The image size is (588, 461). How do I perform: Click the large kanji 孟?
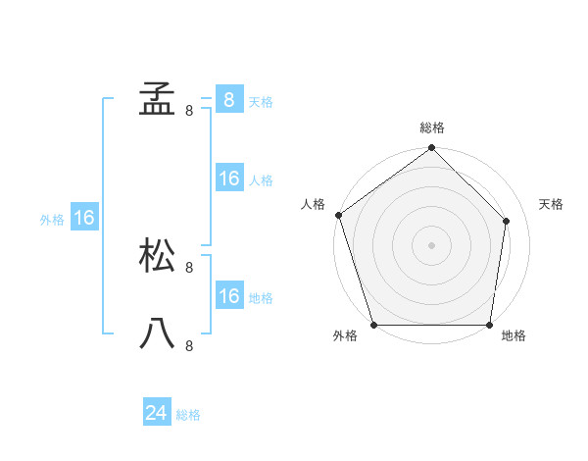click(157, 100)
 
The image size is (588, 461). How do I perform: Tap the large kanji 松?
click(157, 257)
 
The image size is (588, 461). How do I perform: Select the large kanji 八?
click(157, 334)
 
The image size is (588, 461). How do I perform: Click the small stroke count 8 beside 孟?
click(189, 111)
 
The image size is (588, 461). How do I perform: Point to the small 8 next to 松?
click(189, 267)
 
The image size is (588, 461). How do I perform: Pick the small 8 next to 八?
click(189, 345)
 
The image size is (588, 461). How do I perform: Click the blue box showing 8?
click(228, 100)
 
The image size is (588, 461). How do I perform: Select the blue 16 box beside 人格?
click(228, 179)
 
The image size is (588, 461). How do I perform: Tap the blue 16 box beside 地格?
click(228, 296)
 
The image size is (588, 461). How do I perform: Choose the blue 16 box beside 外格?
click(84, 219)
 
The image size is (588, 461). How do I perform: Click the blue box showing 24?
click(156, 414)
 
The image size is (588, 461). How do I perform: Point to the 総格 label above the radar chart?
click(432, 128)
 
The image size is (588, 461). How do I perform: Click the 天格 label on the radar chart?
click(552, 204)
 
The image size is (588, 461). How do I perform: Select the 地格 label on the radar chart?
click(514, 336)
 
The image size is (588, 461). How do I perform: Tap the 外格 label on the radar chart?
click(345, 336)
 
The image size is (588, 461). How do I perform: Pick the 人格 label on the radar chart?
click(313, 204)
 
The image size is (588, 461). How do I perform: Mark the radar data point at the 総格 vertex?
click(432, 149)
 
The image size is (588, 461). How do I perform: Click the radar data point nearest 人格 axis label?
click(338, 215)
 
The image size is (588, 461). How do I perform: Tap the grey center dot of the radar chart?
click(432, 244)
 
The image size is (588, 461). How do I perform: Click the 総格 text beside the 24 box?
click(188, 415)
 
